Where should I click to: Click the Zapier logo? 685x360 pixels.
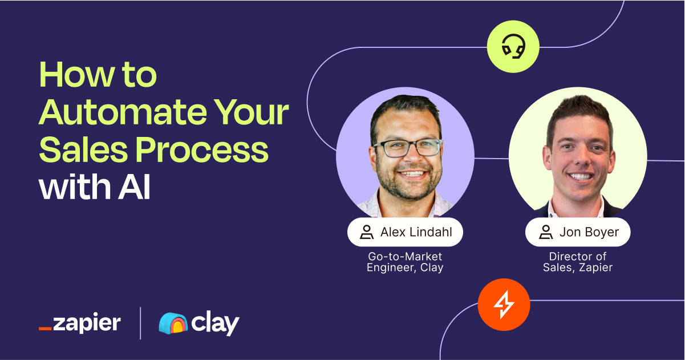(x=79, y=323)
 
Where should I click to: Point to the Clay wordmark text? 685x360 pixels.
(x=215, y=323)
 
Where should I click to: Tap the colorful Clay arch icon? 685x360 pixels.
(x=172, y=323)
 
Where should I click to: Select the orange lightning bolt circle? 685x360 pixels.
(x=504, y=305)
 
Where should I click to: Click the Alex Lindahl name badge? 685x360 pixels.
(x=405, y=232)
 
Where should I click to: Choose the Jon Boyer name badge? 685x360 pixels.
(x=577, y=232)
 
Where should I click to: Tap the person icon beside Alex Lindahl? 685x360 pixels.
(x=366, y=232)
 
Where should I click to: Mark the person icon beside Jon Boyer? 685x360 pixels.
(x=545, y=232)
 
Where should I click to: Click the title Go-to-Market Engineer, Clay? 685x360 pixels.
(x=405, y=262)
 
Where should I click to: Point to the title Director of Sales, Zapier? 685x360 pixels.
(x=577, y=262)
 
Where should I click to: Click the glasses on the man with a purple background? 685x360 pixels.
(x=407, y=148)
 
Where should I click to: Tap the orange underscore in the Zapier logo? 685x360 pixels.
(x=45, y=329)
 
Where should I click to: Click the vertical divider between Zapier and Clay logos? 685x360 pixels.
(x=140, y=323)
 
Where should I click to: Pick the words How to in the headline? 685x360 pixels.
(x=98, y=76)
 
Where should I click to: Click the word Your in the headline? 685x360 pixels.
(x=257, y=113)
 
